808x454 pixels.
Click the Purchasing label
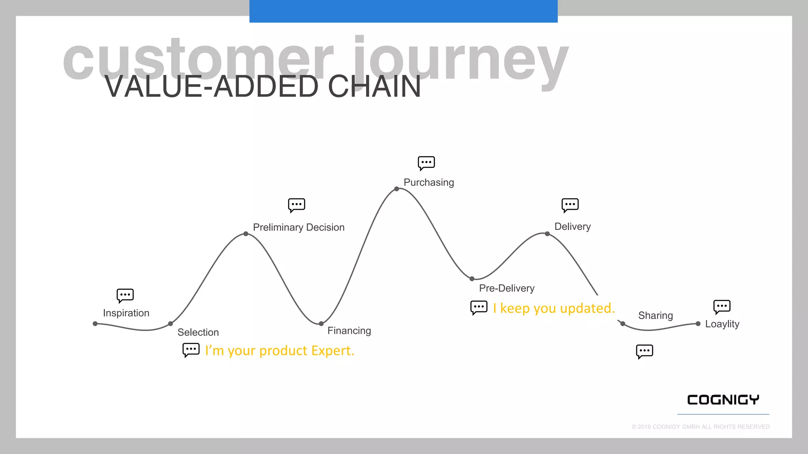(x=428, y=182)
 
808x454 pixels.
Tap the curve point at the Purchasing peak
(x=397, y=189)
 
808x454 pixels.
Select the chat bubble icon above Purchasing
(x=426, y=163)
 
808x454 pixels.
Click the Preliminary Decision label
(x=299, y=227)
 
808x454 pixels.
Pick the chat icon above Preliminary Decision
(x=296, y=205)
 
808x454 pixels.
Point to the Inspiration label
(x=126, y=313)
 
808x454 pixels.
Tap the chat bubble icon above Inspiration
(x=125, y=295)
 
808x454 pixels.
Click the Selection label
(x=198, y=332)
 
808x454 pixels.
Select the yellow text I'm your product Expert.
(x=279, y=350)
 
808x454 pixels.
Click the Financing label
(x=349, y=331)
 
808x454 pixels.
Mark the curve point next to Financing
(x=321, y=324)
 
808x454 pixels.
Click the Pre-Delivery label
(x=507, y=288)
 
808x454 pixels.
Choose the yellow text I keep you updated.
(x=554, y=308)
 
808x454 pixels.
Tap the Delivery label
(x=572, y=227)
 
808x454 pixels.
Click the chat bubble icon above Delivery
(x=570, y=205)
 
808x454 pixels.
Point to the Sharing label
(x=655, y=315)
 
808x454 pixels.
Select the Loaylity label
(x=722, y=324)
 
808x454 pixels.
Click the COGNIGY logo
(x=723, y=400)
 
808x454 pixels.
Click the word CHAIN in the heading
(x=374, y=87)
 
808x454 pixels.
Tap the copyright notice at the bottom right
(x=700, y=427)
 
